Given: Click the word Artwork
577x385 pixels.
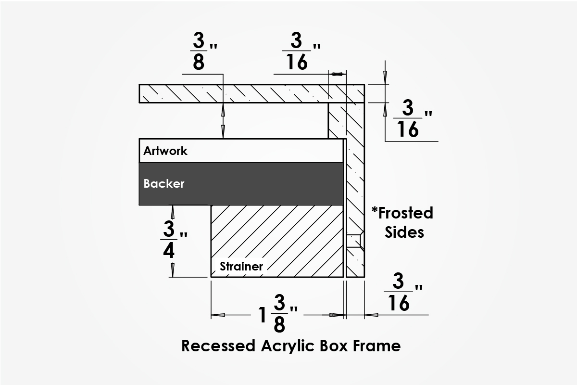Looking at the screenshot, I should click(165, 151).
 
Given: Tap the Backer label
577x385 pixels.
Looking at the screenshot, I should click(163, 183).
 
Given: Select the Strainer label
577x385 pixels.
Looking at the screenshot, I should click(241, 266).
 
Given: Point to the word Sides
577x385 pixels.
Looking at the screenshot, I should click(404, 232).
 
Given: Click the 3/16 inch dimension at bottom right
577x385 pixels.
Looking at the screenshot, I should click(402, 293).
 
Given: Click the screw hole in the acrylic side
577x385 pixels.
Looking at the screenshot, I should click(354, 241).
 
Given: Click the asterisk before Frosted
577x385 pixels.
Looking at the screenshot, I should click(375, 210).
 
